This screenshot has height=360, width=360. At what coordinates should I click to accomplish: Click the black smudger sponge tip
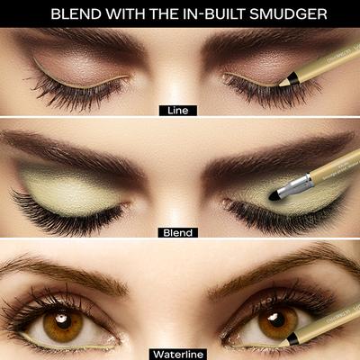click(274, 193)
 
